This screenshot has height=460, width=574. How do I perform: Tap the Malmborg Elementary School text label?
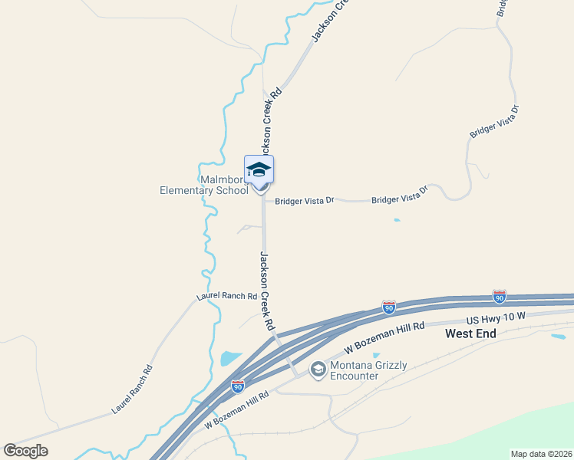203,185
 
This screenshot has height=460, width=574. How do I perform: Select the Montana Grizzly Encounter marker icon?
318,370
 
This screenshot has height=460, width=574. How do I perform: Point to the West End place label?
471,333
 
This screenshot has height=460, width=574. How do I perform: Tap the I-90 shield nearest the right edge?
500,296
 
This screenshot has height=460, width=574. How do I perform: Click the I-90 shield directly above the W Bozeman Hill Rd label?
389,307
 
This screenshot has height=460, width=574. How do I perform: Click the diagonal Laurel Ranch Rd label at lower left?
133,389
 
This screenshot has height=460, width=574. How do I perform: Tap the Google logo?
25,451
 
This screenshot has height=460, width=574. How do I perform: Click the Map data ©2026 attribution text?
541,454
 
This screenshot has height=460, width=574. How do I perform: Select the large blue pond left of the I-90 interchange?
230,358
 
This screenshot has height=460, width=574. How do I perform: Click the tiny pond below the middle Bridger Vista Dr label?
396,221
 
